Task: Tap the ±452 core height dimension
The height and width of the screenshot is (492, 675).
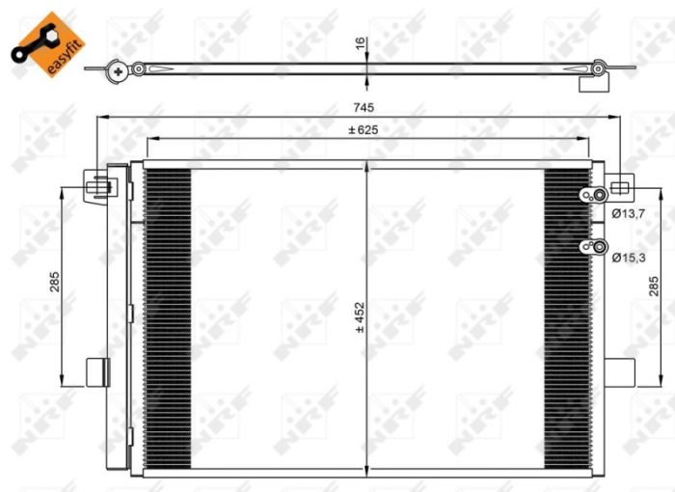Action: coord(359,317)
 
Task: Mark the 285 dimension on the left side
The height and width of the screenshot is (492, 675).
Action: coord(55,281)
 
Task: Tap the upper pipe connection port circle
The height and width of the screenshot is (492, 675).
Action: coord(599,196)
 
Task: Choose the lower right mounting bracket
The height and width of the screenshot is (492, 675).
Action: coord(620,371)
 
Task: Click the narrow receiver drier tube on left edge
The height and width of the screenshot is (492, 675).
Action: coord(118,318)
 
